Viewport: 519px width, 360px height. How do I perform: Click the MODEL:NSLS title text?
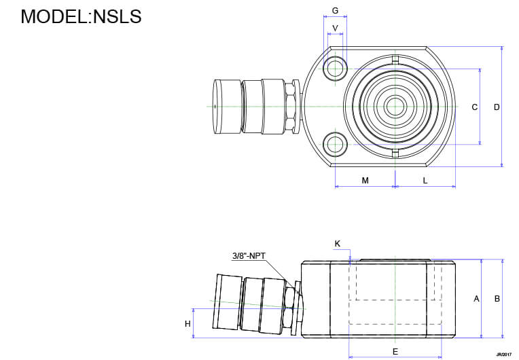tap(81, 16)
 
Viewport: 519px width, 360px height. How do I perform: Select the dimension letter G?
tap(335, 12)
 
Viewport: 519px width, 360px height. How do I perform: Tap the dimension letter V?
tap(335, 28)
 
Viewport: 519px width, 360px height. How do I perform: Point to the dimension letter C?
tap(475, 107)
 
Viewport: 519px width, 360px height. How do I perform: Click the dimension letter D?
tap(497, 107)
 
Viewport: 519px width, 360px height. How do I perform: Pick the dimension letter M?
tap(365, 181)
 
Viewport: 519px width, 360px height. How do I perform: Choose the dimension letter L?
tap(425, 181)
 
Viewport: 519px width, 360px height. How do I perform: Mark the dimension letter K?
tap(338, 243)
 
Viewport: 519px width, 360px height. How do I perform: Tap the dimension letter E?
tap(395, 351)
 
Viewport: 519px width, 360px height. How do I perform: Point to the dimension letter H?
tap(187, 324)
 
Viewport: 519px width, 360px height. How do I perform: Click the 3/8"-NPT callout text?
tap(249, 256)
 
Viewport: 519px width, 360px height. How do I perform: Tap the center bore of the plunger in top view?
tap(394, 106)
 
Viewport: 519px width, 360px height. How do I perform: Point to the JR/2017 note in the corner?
tap(503, 355)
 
